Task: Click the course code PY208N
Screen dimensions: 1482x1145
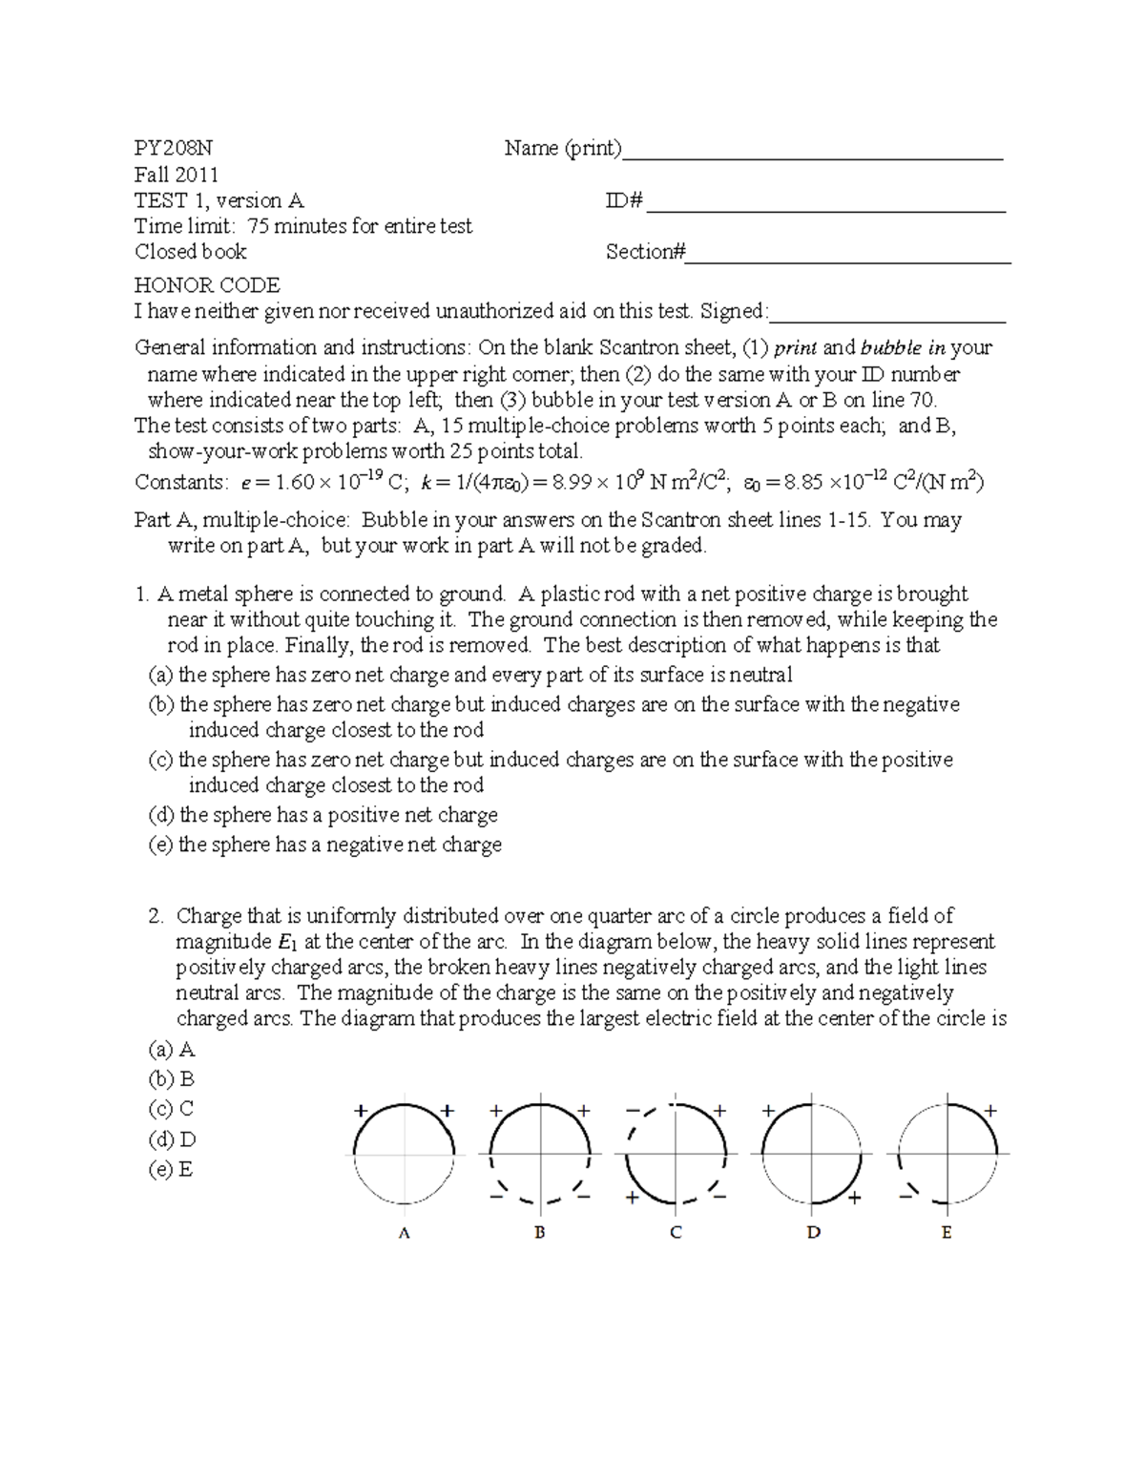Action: point(174,149)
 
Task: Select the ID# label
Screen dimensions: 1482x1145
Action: point(625,201)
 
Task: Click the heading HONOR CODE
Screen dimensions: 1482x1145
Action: point(207,285)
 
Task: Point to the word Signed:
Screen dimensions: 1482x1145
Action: point(734,311)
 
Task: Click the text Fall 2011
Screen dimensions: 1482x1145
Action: point(177,175)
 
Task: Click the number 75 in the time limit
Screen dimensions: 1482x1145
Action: point(260,226)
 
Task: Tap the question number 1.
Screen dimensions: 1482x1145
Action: point(141,595)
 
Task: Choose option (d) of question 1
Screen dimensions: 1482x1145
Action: point(323,815)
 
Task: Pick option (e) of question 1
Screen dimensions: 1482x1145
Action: point(325,845)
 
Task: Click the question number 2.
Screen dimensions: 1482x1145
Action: point(156,916)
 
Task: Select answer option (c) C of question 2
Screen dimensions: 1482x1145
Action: point(172,1109)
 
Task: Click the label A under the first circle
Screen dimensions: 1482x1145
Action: point(404,1233)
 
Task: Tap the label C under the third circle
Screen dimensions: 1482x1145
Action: point(676,1233)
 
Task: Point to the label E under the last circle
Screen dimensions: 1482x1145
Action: point(947,1233)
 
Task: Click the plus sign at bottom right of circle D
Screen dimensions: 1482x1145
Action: point(855,1199)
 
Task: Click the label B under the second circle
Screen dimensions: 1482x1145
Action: point(539,1233)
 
